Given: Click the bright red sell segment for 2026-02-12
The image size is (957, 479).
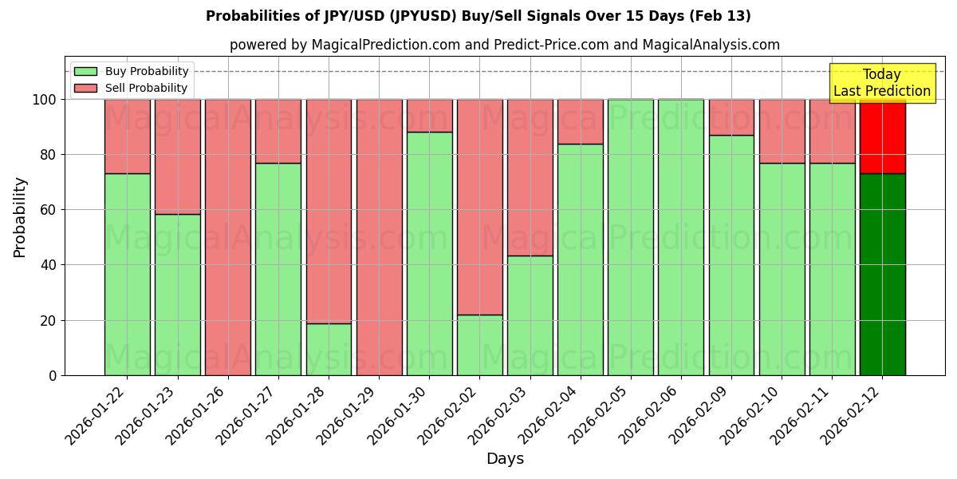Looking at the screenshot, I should tap(882, 137).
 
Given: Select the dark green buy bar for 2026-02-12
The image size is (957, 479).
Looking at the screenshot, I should tap(882, 274).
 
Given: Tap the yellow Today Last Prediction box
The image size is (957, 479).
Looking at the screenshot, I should tap(882, 83).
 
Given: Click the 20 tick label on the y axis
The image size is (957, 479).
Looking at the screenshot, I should tap(49, 320).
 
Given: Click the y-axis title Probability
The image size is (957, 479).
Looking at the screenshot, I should tap(20, 217).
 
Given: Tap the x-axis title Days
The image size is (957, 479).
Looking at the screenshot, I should tap(505, 459).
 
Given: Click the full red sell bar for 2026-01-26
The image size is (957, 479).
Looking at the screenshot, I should tap(228, 237).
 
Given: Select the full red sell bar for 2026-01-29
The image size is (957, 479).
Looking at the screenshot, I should tap(379, 237).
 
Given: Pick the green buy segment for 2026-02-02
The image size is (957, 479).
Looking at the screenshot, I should tap(480, 345).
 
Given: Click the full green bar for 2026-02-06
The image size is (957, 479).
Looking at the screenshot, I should tap(681, 237).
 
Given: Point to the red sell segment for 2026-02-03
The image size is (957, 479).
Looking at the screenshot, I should tap(530, 177).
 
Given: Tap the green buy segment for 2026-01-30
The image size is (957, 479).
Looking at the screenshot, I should tap(429, 253).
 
